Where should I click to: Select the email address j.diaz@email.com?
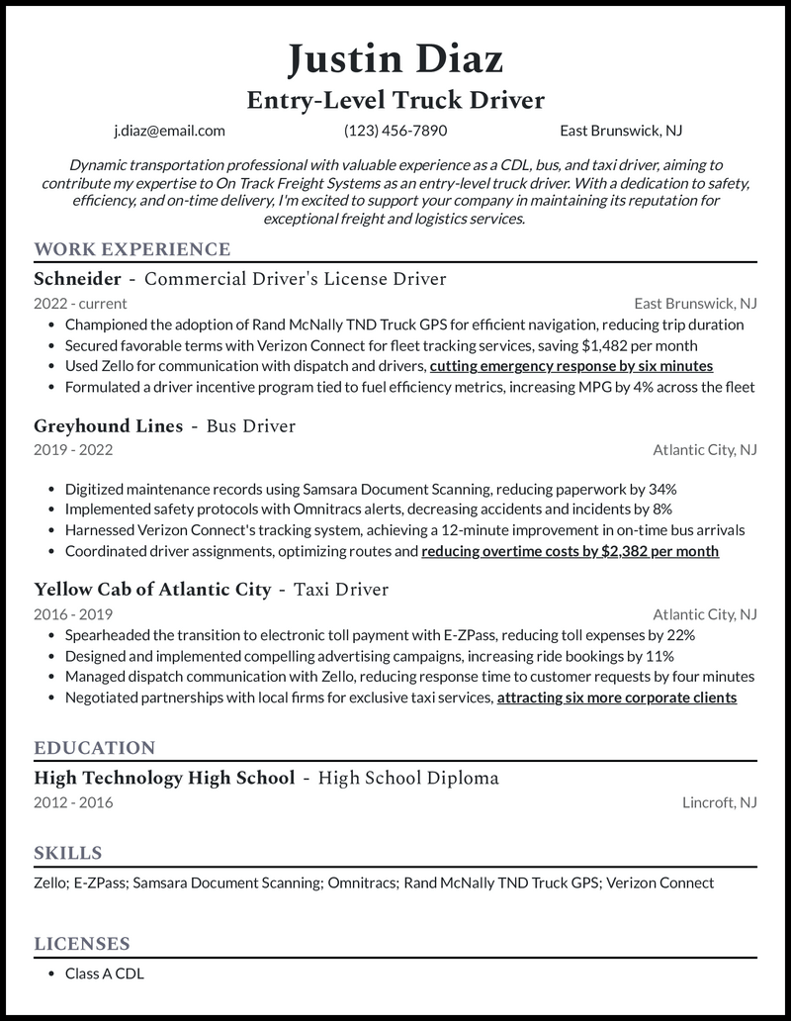169,130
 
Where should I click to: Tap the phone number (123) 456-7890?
395,130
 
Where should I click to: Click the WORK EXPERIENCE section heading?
132,249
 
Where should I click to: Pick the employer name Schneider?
77,279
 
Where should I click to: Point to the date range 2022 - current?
80,304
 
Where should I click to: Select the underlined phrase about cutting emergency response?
571,366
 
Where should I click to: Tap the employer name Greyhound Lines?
109,426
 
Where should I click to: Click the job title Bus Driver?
251,426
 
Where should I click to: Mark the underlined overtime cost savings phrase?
570,551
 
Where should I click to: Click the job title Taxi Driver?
340,590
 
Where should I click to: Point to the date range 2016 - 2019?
73,614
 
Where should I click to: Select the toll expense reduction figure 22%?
680,635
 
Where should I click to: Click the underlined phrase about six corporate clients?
616,697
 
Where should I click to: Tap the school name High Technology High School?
164,778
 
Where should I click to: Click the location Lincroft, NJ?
719,802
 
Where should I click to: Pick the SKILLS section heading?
68,853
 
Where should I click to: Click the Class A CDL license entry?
104,974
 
